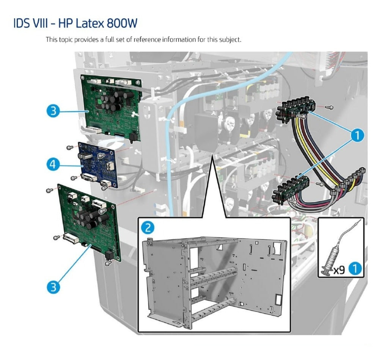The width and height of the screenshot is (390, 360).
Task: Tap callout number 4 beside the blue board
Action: click(53, 164)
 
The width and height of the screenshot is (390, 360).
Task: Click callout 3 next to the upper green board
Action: click(53, 111)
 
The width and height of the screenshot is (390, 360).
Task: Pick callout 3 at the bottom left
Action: click(53, 287)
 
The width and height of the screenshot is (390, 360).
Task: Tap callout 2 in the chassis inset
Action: click(148, 227)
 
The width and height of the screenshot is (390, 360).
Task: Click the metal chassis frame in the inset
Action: click(212, 280)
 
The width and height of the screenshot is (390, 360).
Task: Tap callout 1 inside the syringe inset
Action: click(354, 269)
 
